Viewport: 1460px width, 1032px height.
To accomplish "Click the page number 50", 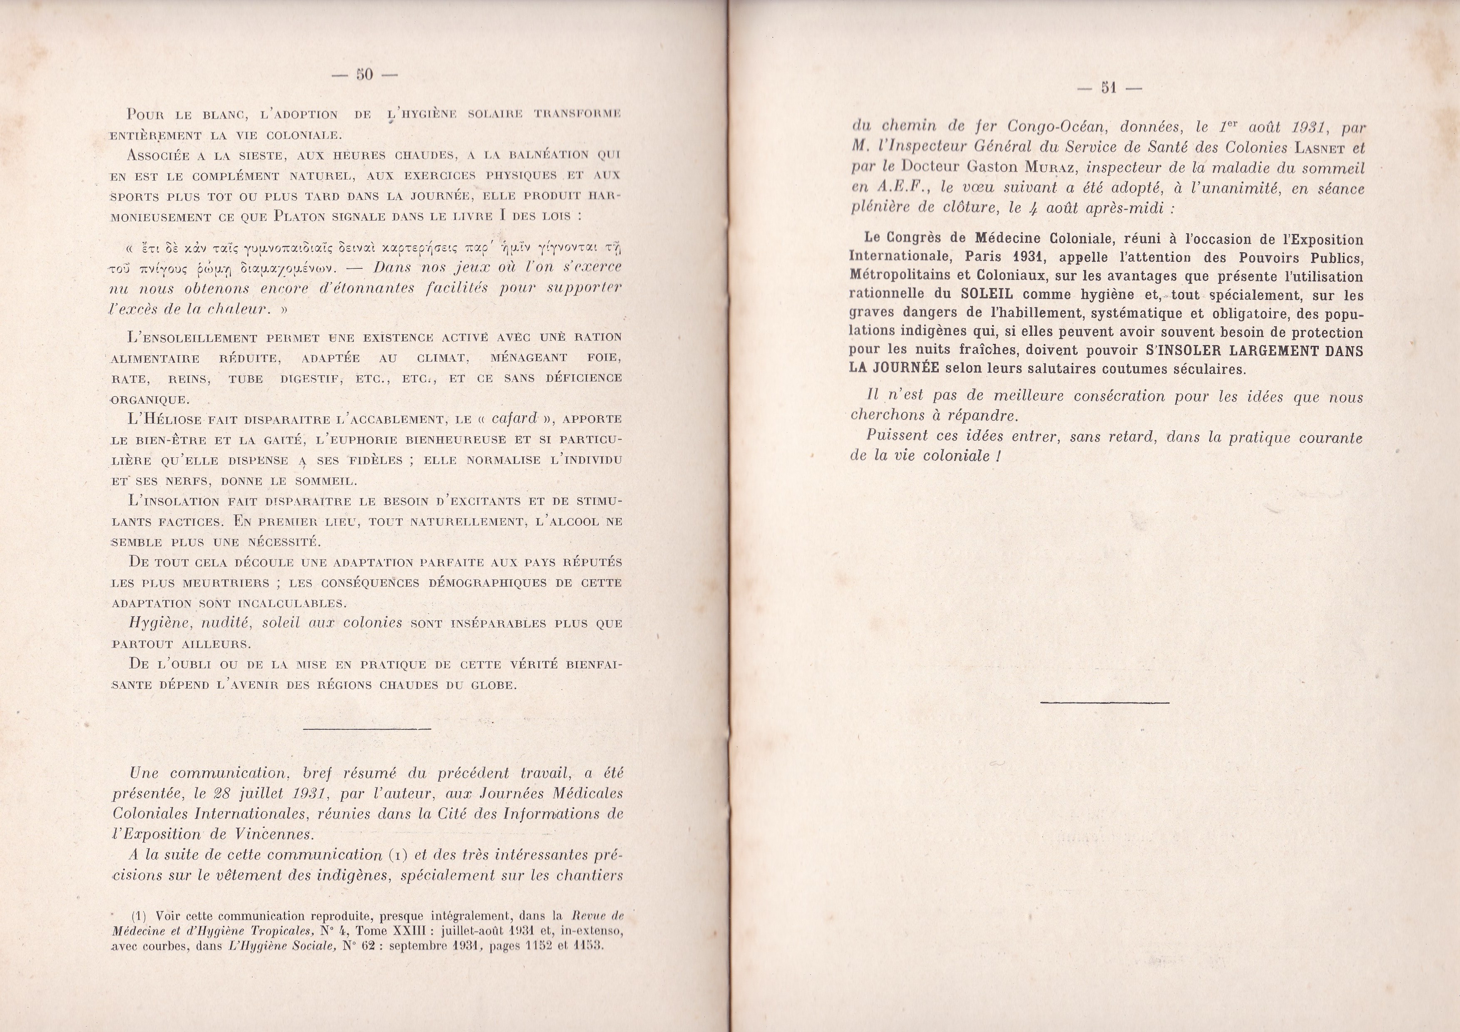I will click(x=364, y=74).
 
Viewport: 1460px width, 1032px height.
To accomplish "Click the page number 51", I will click(x=1109, y=88).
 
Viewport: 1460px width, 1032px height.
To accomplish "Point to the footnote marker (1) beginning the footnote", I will click(x=140, y=916).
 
